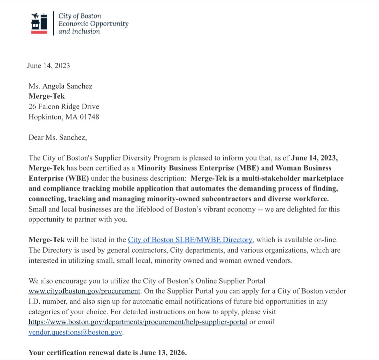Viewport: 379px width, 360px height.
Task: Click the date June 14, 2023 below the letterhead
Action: coord(49,66)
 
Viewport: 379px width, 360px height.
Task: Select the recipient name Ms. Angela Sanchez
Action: coord(61,86)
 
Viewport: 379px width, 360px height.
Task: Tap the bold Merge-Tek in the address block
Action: coord(47,96)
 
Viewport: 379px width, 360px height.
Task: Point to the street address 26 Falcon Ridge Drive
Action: coord(64,107)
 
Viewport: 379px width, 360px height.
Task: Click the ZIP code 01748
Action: coord(89,117)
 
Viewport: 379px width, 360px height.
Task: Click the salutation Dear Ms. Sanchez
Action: coord(58,138)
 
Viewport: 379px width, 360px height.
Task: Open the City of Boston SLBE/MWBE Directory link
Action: coord(190,240)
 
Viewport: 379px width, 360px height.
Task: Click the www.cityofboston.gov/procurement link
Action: coord(84,291)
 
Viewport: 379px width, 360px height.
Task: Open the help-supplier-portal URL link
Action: coord(138,322)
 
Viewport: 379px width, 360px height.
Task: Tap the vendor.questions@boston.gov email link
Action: coord(75,332)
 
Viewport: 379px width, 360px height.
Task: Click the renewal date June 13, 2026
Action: coord(163,353)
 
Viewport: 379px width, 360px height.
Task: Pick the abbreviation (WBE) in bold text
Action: coord(77,178)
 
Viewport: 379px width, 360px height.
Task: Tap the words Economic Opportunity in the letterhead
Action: coord(93,24)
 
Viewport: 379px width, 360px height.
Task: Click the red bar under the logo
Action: coord(39,32)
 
